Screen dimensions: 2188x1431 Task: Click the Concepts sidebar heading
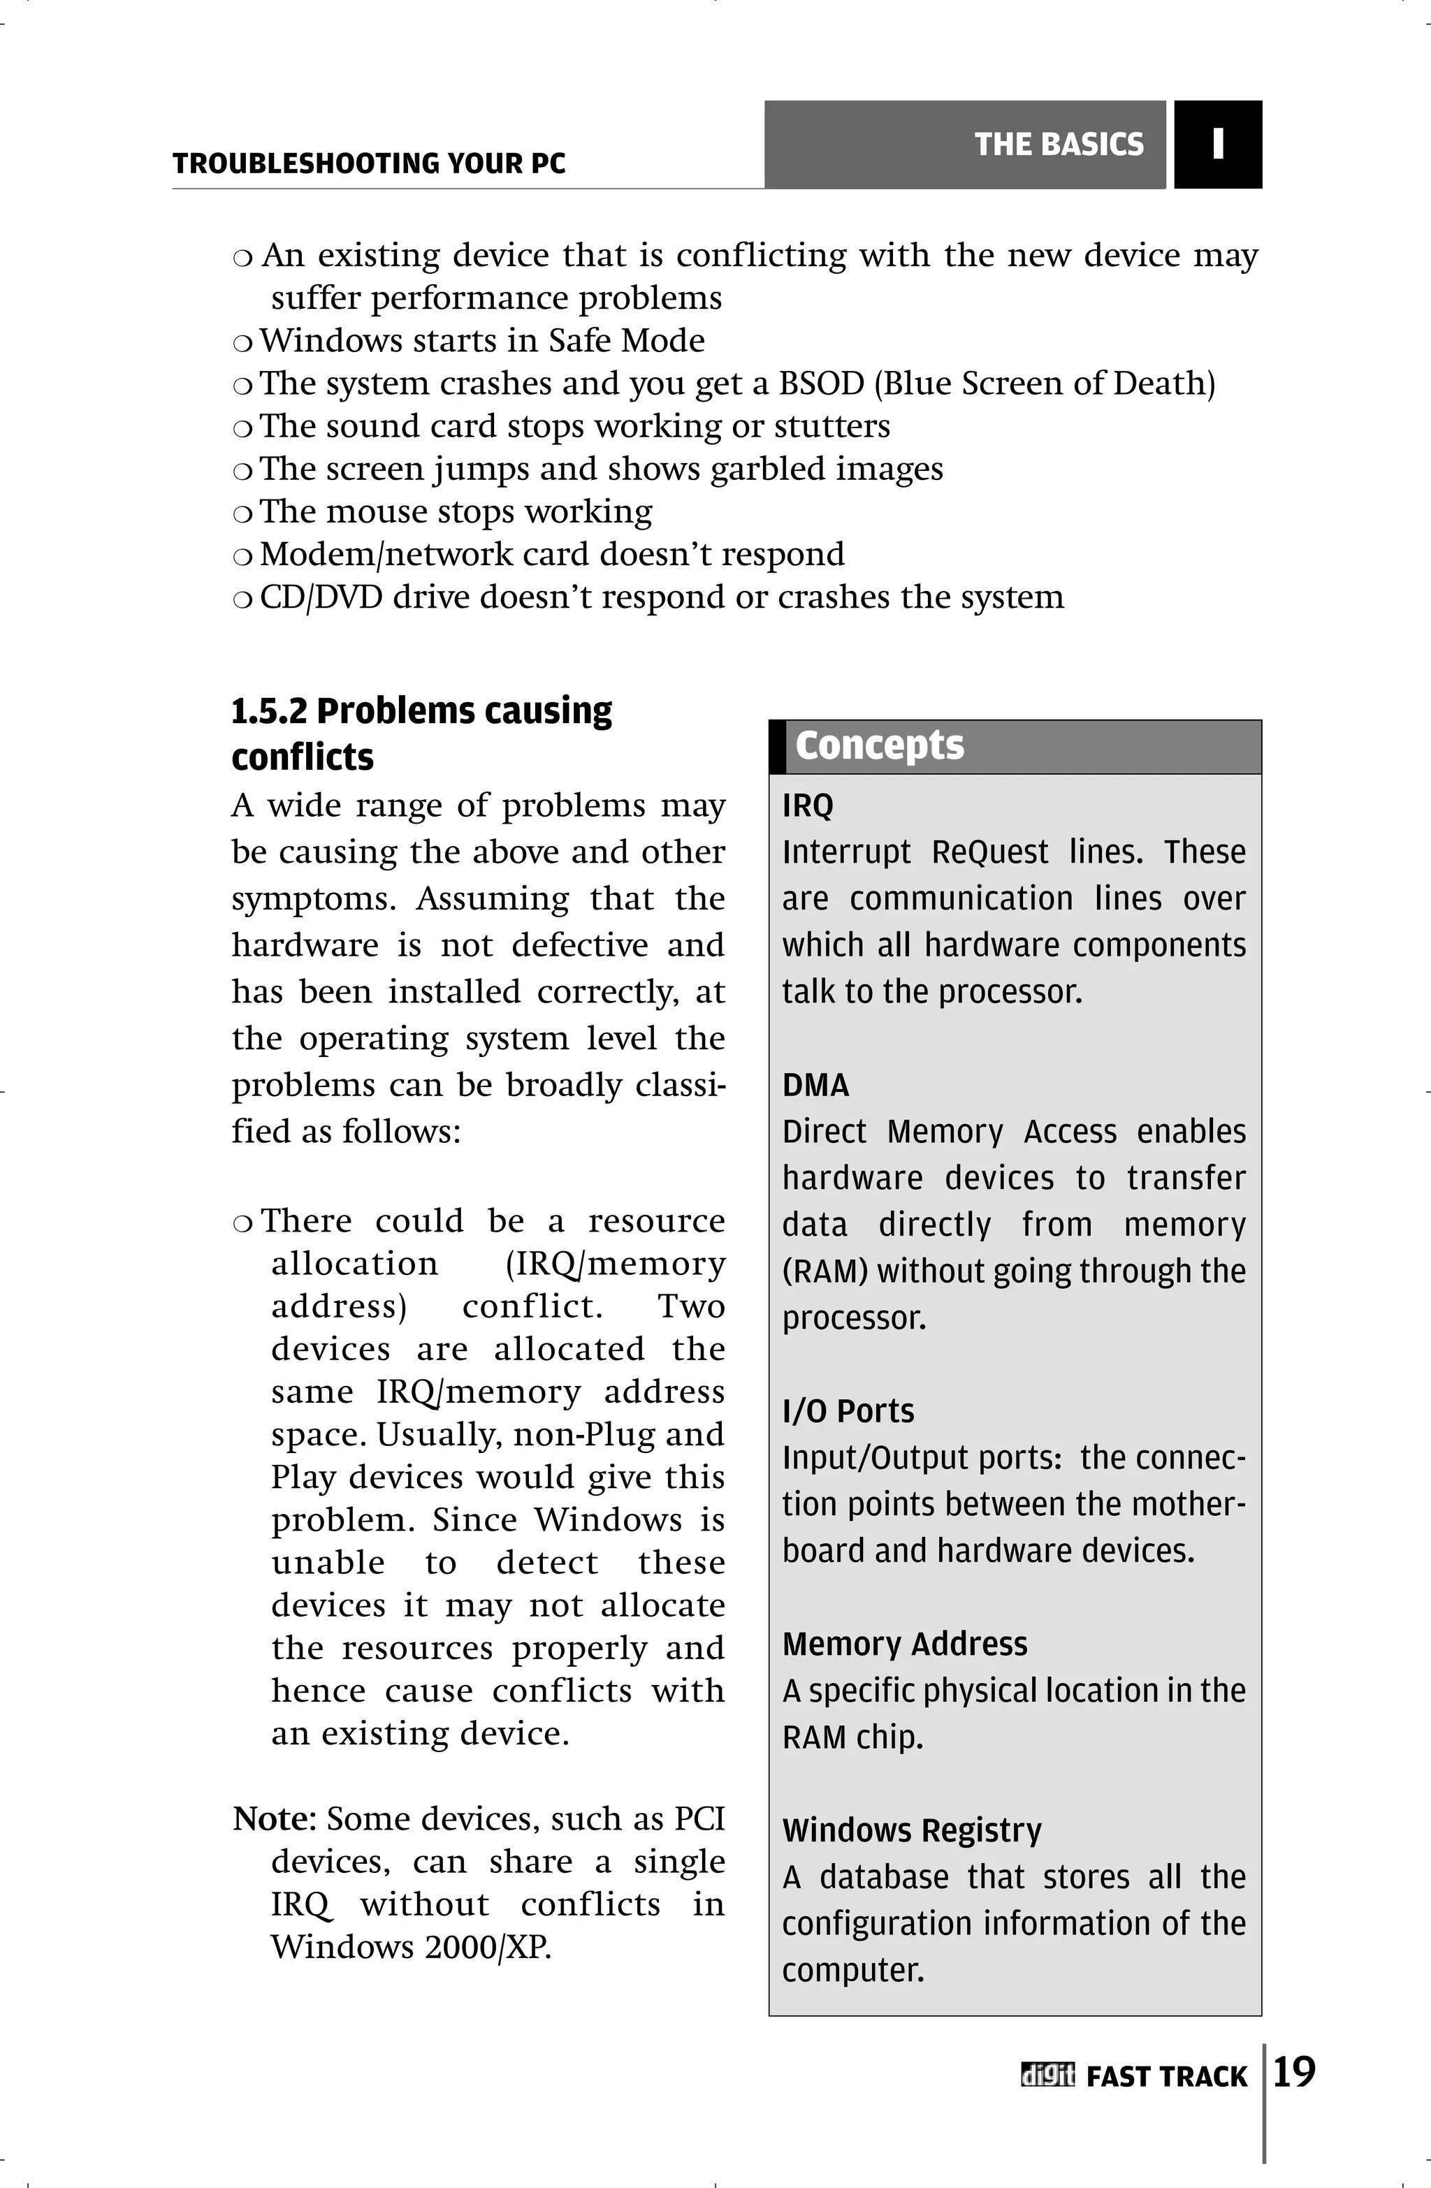coord(879,745)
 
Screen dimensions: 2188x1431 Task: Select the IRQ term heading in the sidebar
coord(808,805)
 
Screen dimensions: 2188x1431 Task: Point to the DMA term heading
coord(815,1085)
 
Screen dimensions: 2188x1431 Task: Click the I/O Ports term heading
coord(848,1411)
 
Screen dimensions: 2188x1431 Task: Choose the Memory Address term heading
coord(905,1644)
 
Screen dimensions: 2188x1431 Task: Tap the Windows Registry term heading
coord(911,1830)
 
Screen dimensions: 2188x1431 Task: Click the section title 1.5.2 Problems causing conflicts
coord(421,734)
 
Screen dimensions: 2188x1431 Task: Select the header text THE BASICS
coord(1059,145)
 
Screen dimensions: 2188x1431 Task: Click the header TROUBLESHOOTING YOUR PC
coord(369,163)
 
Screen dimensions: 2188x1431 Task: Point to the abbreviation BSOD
coord(821,384)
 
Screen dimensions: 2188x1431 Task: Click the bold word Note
coord(274,1818)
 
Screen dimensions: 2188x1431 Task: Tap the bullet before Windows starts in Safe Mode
coord(242,344)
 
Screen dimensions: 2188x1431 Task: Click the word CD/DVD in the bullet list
coord(321,597)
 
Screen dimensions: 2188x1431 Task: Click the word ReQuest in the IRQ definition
coord(989,852)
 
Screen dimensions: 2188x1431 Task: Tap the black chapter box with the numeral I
coord(1218,145)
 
